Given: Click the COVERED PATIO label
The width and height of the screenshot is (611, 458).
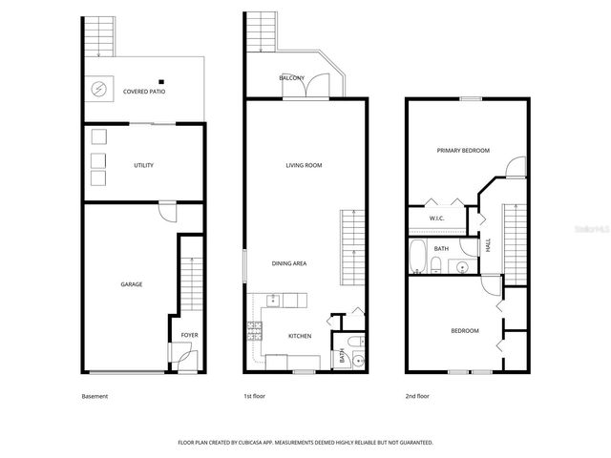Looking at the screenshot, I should (x=143, y=92).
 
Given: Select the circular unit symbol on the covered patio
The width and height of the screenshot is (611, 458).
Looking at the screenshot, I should (x=98, y=90).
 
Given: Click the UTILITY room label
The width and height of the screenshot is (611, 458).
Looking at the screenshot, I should (x=143, y=165).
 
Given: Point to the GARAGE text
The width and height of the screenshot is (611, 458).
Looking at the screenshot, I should (x=131, y=283).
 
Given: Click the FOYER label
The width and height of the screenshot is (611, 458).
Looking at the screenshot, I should (x=189, y=335).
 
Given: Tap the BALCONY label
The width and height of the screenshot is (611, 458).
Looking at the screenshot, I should (x=291, y=77).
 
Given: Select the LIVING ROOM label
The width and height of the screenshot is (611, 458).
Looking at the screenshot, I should (x=304, y=165).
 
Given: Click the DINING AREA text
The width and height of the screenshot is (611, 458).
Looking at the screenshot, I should (x=289, y=263).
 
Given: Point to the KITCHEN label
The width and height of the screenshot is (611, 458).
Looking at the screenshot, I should (x=301, y=335).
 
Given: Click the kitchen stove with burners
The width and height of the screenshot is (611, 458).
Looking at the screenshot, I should (x=255, y=332).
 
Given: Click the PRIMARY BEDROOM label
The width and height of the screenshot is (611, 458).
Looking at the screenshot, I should (x=463, y=150).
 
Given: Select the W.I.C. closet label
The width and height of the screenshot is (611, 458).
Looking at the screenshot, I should (x=436, y=219).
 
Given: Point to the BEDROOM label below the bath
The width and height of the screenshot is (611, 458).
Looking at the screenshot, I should (x=465, y=331).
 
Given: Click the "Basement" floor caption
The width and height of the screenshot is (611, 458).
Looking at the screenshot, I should (x=95, y=396).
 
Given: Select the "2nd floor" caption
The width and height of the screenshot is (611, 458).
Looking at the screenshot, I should (x=417, y=396).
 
